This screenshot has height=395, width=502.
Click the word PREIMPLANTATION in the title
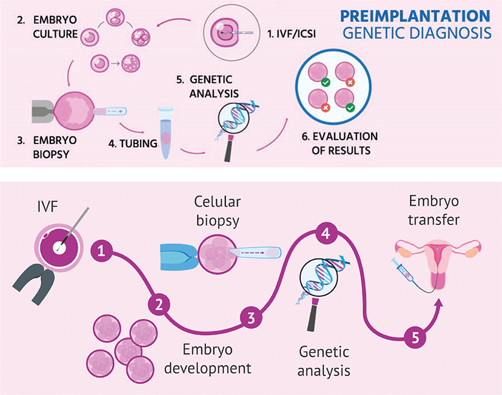415,16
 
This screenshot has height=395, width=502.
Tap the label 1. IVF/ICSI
292,33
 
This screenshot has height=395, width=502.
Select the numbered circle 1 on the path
101,251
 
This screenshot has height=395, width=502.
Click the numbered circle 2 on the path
159,305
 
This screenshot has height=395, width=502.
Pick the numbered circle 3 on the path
252,318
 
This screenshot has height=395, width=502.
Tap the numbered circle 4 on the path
326,234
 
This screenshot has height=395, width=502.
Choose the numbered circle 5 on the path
415,337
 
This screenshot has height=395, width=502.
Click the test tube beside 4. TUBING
166,133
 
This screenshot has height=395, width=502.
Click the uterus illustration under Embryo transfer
438,263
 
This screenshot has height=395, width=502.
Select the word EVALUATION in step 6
345,136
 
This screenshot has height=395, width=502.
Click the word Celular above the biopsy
218,202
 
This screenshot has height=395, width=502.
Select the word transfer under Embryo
434,220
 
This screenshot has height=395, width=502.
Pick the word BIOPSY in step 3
51,154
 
